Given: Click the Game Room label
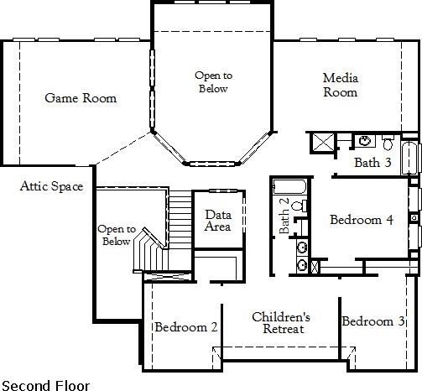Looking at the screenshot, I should click(81, 98).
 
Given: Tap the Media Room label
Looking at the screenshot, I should click(341, 85).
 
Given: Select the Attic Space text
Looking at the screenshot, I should click(51, 186).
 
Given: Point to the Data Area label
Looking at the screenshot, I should click(218, 221).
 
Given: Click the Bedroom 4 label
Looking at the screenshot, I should click(361, 221).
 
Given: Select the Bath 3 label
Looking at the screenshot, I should click(372, 162).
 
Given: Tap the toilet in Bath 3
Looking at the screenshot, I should click(387, 142).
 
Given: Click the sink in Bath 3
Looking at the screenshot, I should click(366, 140).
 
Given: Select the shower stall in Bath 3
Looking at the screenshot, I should click(321, 143).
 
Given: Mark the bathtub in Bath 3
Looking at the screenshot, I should click(409, 157).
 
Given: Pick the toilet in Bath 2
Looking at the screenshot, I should click(300, 205).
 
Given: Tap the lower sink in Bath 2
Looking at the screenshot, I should click(302, 266).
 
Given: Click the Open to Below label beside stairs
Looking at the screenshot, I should click(115, 235).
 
